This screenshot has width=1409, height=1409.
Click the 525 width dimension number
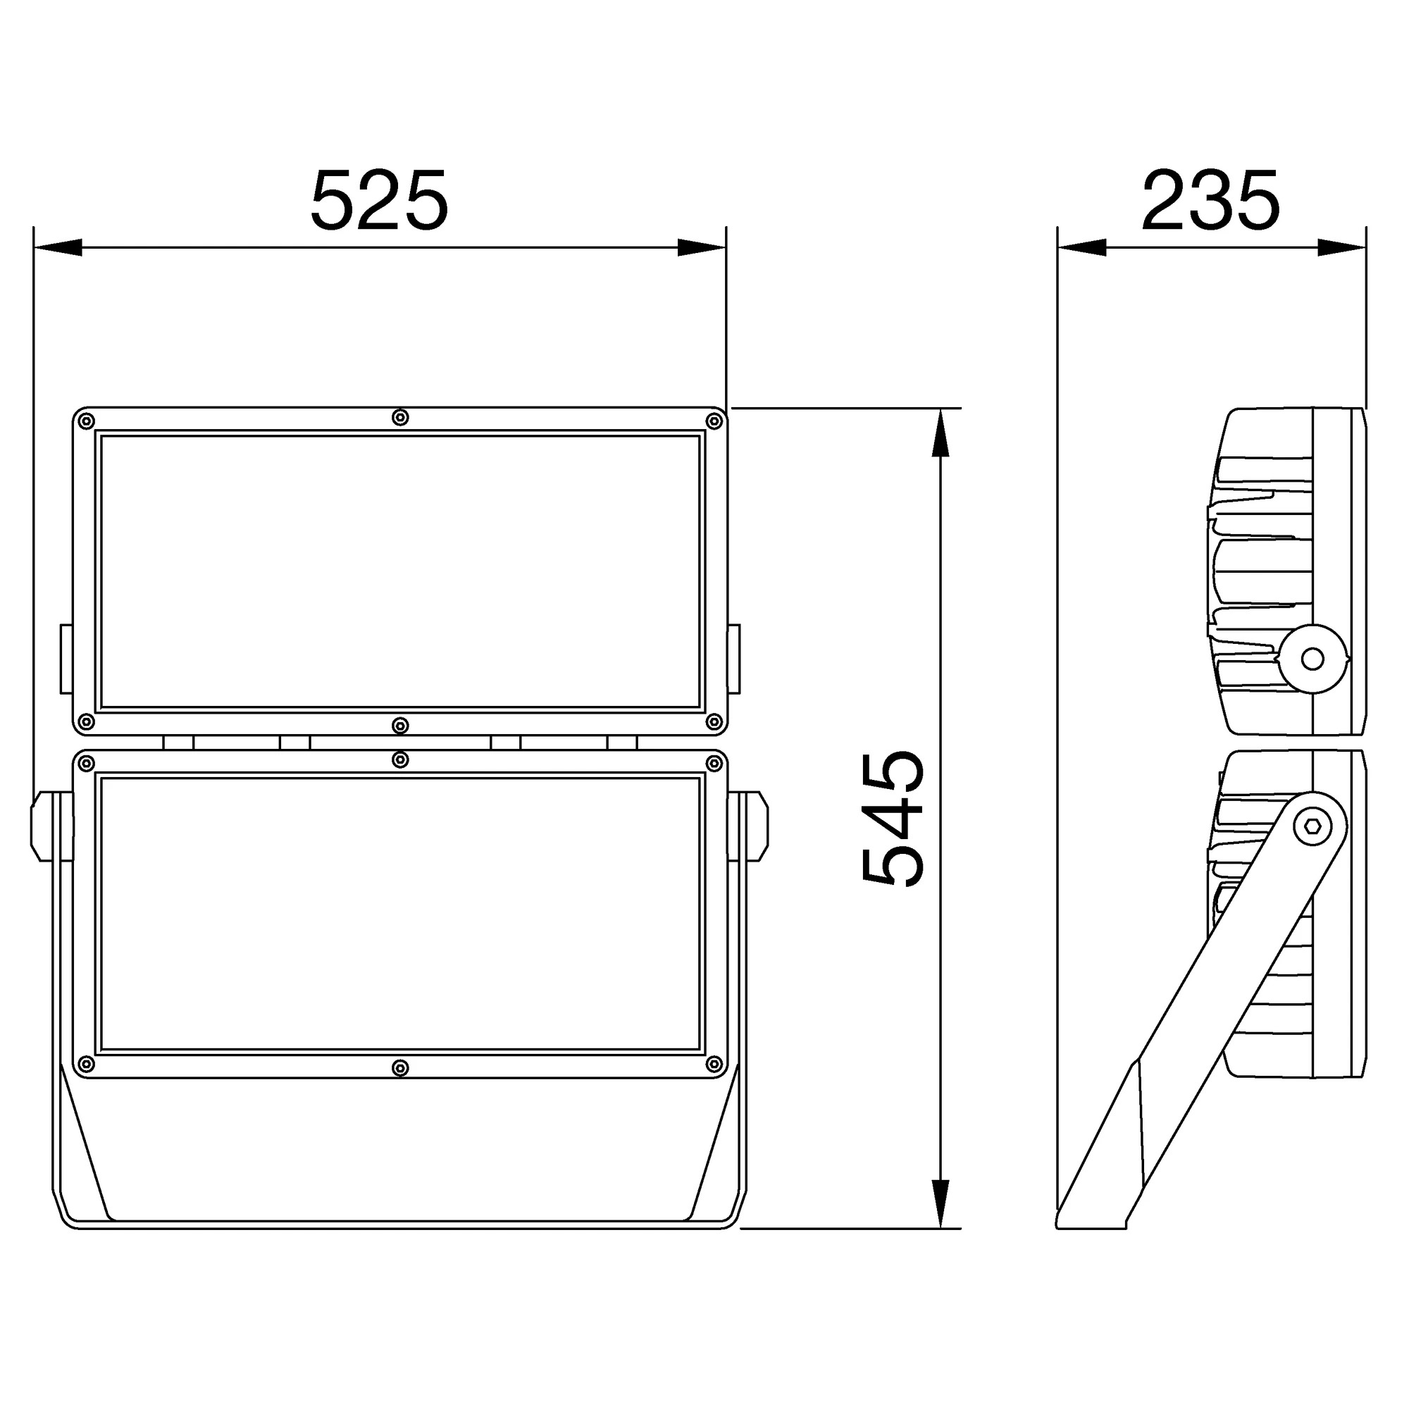coord(379,201)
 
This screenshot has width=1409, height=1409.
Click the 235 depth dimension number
coord(1210,201)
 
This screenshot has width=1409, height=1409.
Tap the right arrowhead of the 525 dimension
coord(701,247)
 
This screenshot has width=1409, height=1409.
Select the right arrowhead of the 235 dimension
coord(1341,247)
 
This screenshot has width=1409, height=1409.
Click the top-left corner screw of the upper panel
coord(86,421)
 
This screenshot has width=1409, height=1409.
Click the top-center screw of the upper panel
coord(399,417)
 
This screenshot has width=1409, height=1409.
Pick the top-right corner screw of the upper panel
coord(714,421)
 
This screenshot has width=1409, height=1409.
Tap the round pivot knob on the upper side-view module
coord(1312,659)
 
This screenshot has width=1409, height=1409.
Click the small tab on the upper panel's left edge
coord(66,659)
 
